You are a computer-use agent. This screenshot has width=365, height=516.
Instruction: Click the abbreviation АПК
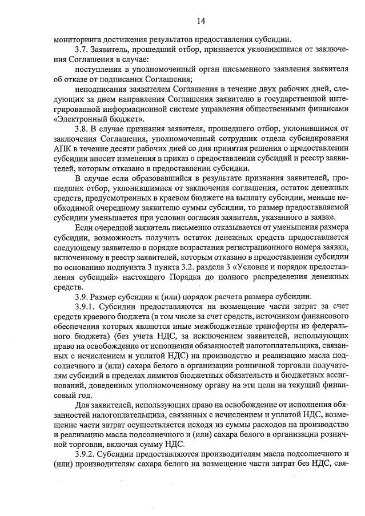click(x=63, y=148)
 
